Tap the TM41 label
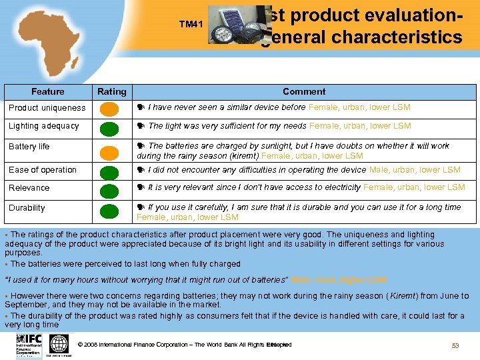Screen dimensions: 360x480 pyautogui.click(x=190, y=25)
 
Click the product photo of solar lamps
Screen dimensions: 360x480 pyautogui.click(x=235, y=27)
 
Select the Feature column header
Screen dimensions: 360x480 pyautogui.click(x=48, y=92)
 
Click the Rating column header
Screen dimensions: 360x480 pyautogui.click(x=111, y=92)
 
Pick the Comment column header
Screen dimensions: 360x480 pyautogui.click(x=304, y=92)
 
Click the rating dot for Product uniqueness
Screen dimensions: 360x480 pyautogui.click(x=111, y=108)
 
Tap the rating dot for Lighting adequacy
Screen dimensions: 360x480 pyautogui.click(x=111, y=127)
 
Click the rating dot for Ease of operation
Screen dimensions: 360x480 pyautogui.click(x=111, y=171)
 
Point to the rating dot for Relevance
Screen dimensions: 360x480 pyautogui.click(x=111, y=189)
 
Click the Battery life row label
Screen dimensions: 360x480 pyautogui.click(x=29, y=147)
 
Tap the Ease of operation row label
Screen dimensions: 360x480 pyautogui.click(x=43, y=170)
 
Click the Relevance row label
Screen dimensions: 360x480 pyautogui.click(x=29, y=188)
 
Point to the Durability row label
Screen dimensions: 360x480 pyautogui.click(x=27, y=208)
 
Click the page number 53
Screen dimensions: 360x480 pyautogui.click(x=455, y=345)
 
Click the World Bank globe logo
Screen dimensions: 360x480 pyautogui.click(x=59, y=344)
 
